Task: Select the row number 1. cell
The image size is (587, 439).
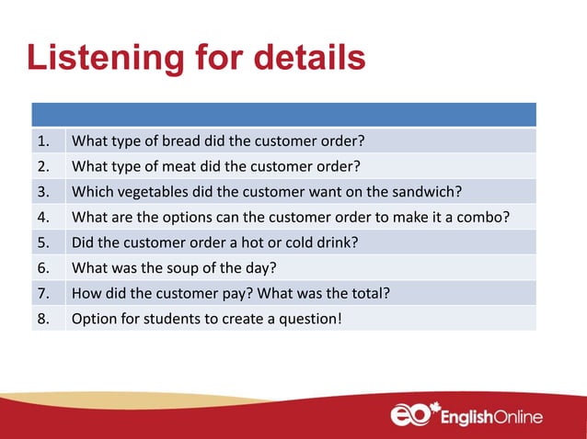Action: click(47, 141)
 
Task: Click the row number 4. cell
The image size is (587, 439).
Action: click(47, 217)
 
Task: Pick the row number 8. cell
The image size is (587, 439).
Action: click(47, 319)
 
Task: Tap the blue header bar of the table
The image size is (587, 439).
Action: click(283, 114)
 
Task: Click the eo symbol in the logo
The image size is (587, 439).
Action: click(411, 414)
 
